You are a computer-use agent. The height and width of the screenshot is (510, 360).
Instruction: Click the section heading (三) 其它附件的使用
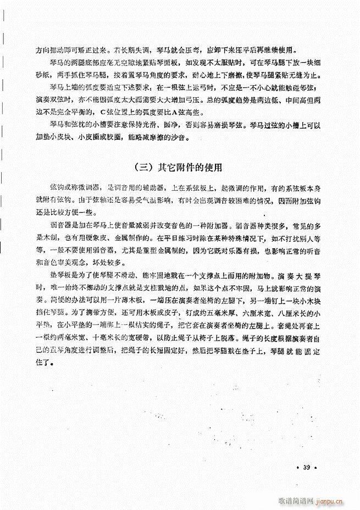pyautogui.click(x=178, y=166)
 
